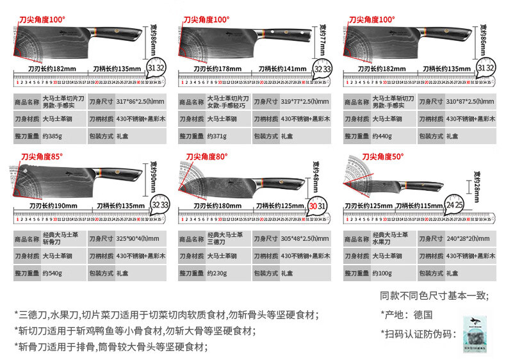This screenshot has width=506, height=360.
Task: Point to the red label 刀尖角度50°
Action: tap(383, 156)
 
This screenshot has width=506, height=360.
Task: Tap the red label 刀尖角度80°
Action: tap(207, 156)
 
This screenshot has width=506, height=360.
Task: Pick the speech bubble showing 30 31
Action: tap(318, 205)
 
